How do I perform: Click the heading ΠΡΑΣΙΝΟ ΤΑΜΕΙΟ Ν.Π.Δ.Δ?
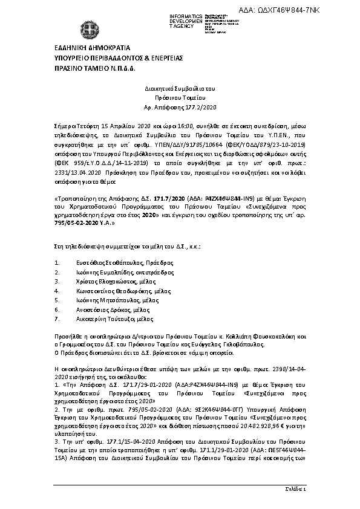coord(91,70)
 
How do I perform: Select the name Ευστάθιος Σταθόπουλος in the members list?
coord(108,263)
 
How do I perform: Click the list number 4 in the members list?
coord(56,290)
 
